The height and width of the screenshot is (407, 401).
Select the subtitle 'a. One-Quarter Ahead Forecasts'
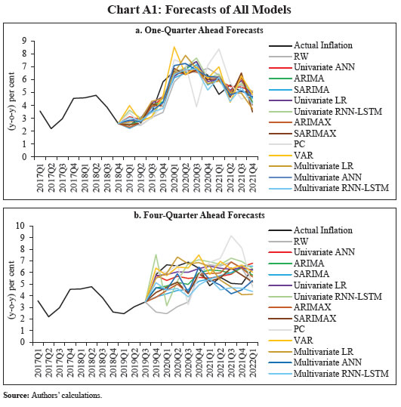[199, 31]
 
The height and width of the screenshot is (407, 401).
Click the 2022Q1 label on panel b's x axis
[261, 362]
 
